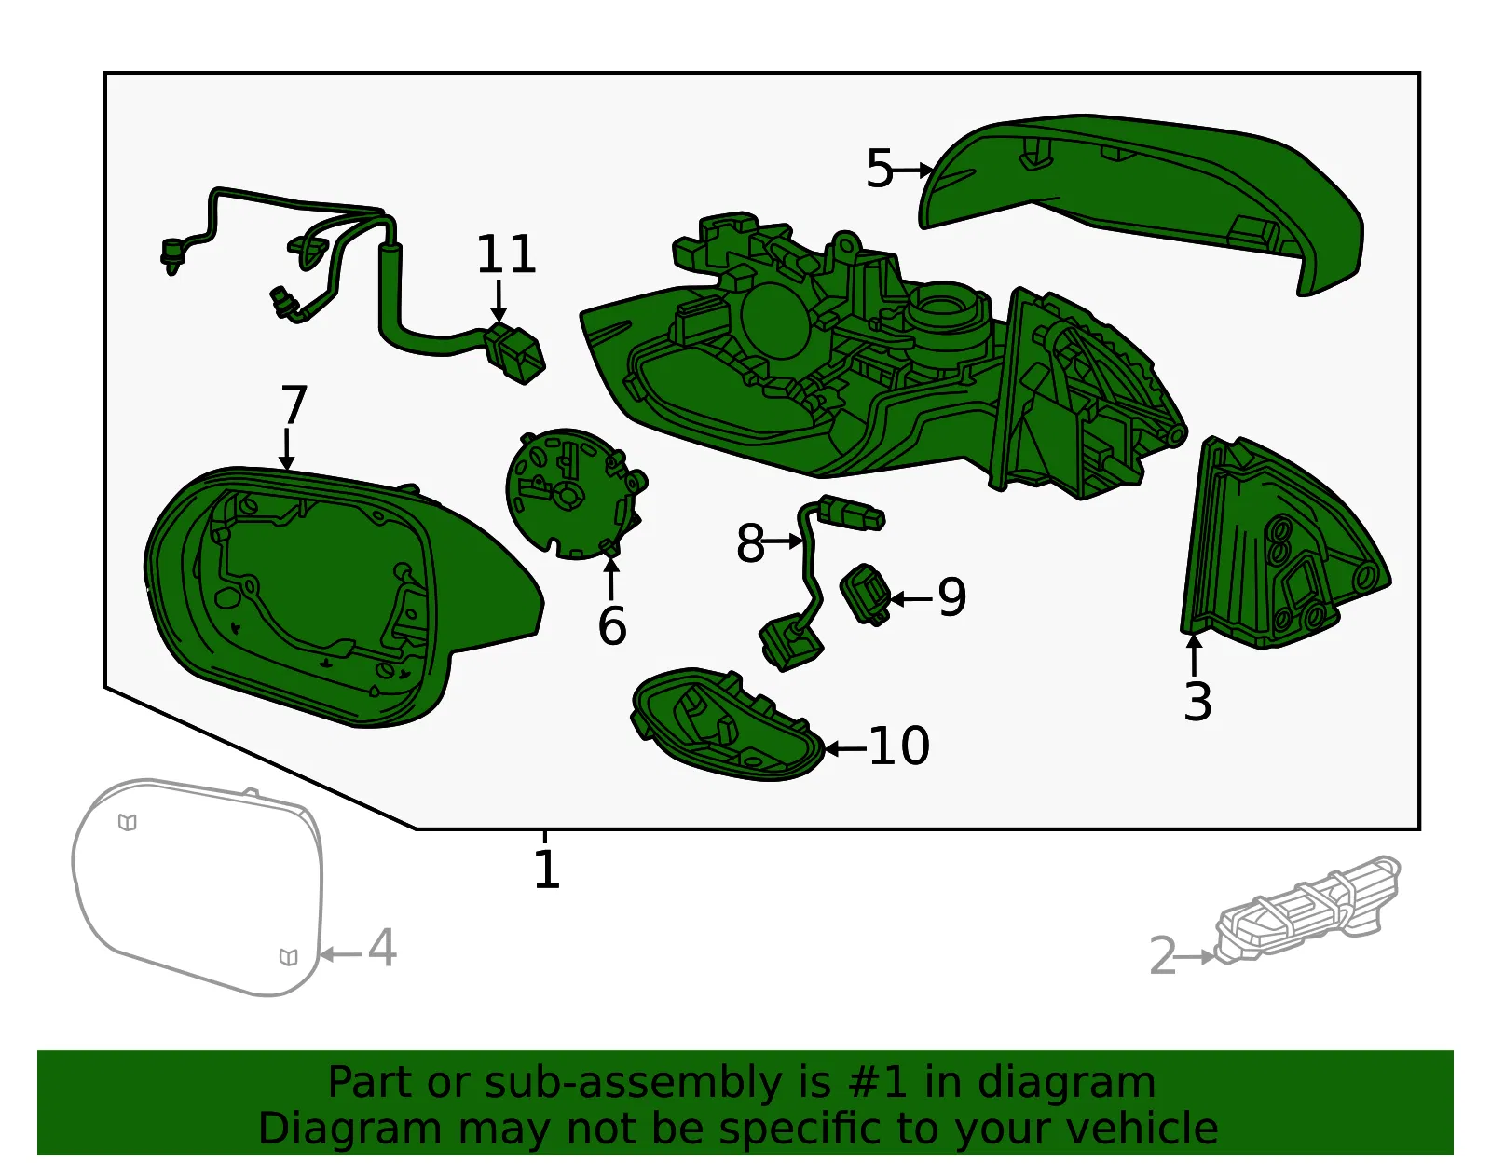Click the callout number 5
[880, 169]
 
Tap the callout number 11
[506, 254]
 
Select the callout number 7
[294, 404]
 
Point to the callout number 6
[612, 626]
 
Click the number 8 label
[750, 543]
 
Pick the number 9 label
[952, 597]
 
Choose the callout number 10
[899, 746]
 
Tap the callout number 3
[1198, 702]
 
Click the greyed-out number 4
[382, 950]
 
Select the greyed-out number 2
[1162, 955]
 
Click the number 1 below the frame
[547, 870]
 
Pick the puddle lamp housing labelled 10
[728, 724]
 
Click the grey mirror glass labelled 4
[197, 887]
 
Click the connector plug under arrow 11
[514, 353]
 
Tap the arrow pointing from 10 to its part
[845, 748]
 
